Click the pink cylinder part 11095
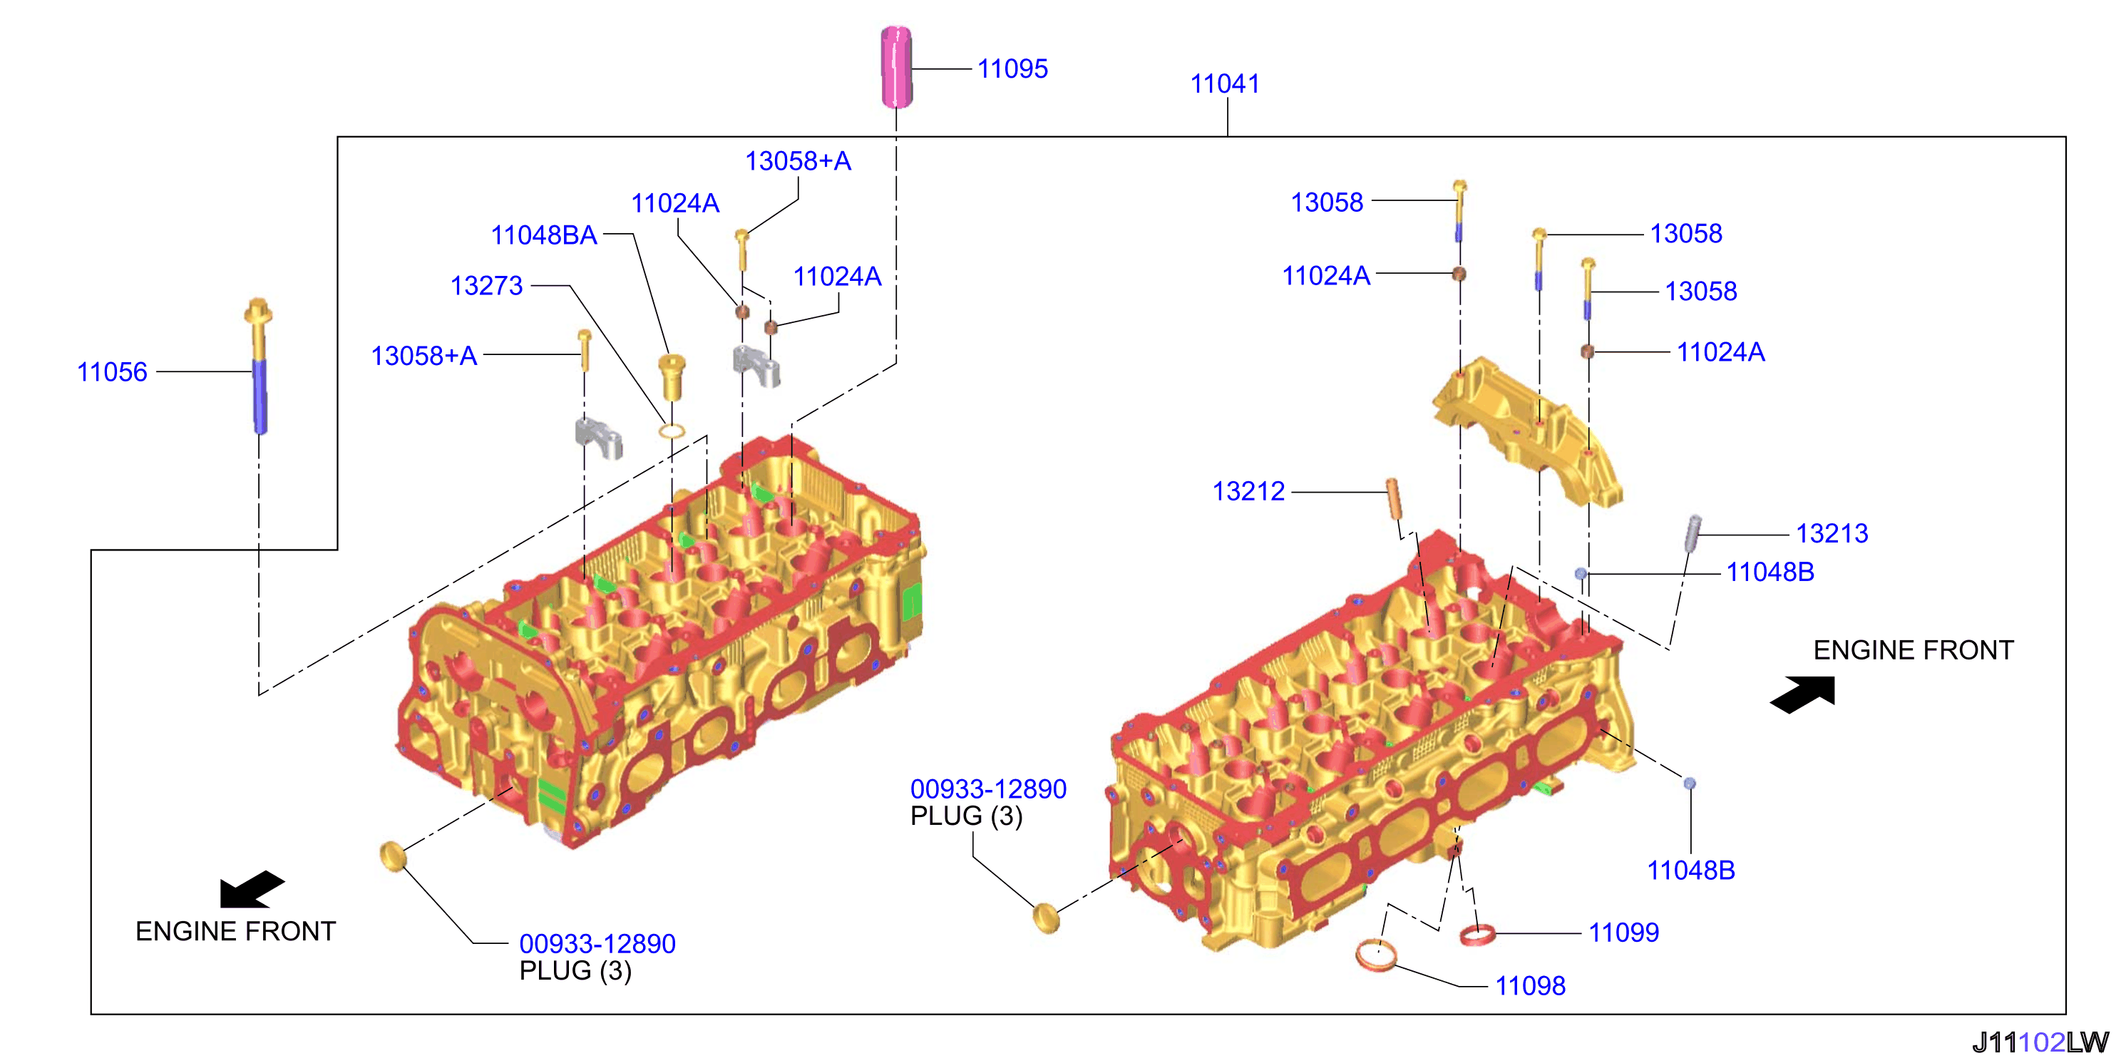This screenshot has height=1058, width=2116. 895,67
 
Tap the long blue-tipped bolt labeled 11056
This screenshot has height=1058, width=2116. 259,366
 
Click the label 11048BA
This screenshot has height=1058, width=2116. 544,235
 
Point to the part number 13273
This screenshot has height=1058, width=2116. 486,286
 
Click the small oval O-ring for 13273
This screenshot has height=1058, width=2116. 672,431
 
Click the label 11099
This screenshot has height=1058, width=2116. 1623,933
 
